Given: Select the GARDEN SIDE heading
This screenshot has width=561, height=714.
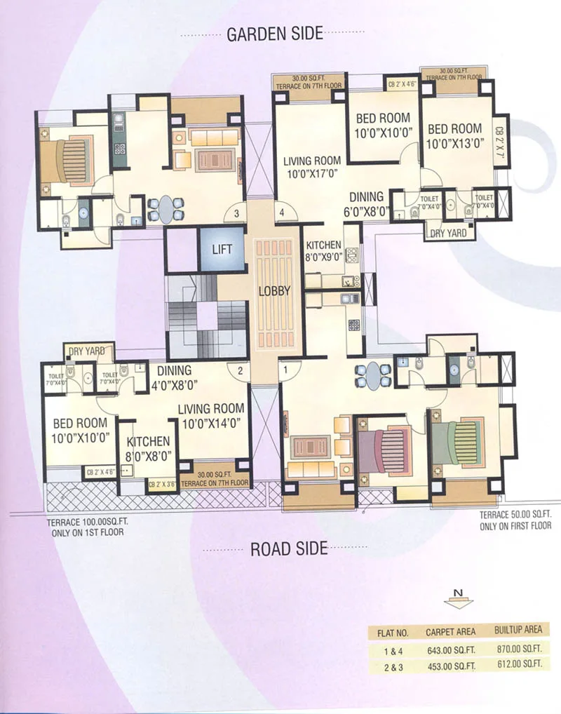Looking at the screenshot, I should (274, 33).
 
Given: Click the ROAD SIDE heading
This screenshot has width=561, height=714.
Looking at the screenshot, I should (289, 548).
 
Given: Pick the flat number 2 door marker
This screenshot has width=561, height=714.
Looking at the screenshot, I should (240, 370).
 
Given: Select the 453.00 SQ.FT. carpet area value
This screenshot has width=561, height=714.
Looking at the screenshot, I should (450, 666).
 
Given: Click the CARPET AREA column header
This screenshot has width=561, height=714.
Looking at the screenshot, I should (450, 631).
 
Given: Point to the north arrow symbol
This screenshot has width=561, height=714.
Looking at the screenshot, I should (457, 600).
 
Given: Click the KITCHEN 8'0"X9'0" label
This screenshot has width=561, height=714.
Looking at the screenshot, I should (323, 251).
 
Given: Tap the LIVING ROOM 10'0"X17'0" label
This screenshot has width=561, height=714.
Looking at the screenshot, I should (312, 167).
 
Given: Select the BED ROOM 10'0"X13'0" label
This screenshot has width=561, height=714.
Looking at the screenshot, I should (455, 136).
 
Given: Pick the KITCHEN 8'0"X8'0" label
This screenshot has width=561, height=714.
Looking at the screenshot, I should (148, 448).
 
